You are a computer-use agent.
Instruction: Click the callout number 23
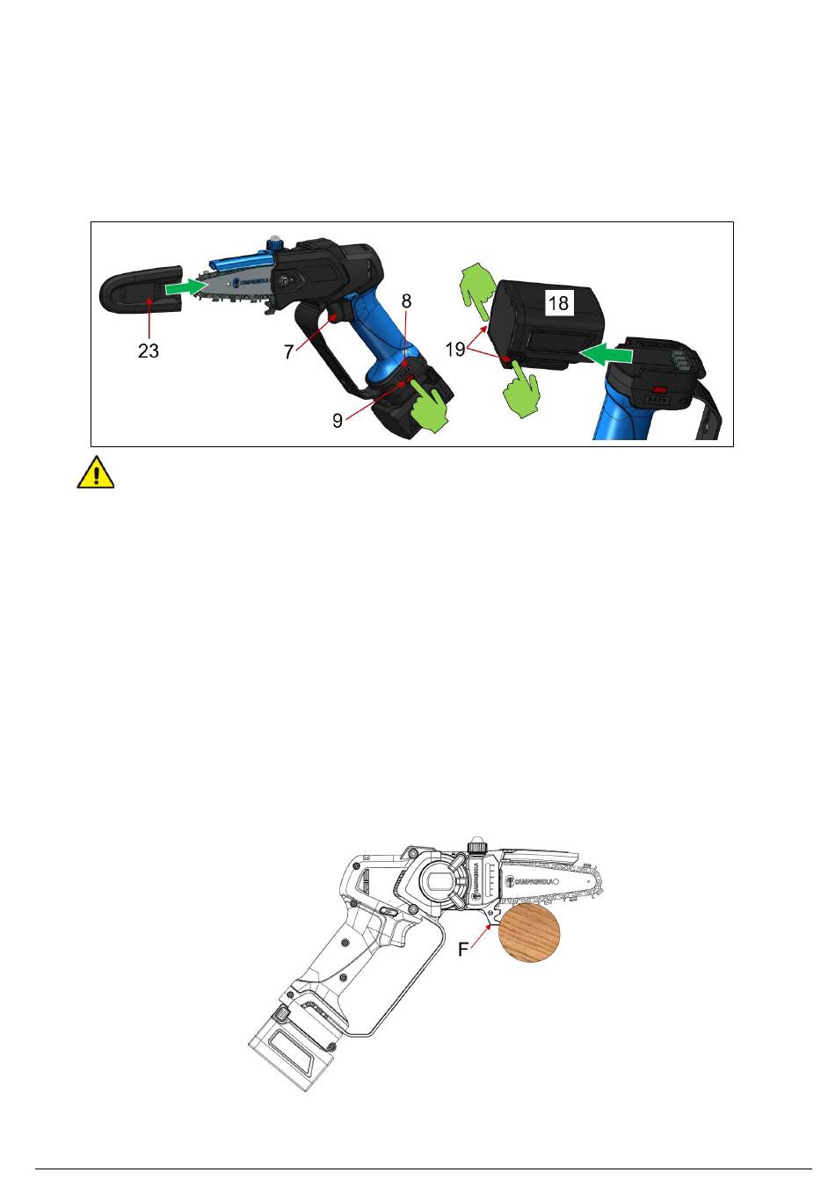click(149, 351)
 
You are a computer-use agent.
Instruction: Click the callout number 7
click(288, 351)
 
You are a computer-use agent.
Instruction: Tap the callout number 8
click(406, 301)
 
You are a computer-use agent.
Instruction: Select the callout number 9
click(338, 421)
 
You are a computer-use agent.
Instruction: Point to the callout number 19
click(455, 350)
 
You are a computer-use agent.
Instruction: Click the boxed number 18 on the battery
click(558, 303)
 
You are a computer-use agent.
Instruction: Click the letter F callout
click(463, 950)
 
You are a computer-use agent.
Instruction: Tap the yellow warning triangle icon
click(96, 473)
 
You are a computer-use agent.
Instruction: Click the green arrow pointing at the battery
click(606, 354)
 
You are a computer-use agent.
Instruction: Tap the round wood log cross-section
click(529, 933)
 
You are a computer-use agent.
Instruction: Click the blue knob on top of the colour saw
click(275, 244)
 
